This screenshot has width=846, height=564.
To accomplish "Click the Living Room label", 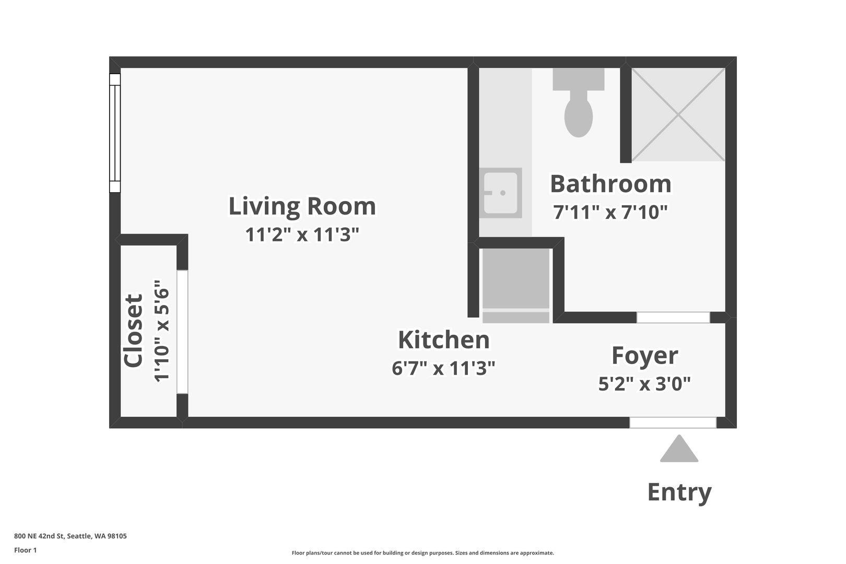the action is [302, 206].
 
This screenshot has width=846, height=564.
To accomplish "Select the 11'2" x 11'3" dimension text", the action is [302, 234].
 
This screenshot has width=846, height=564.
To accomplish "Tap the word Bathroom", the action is [610, 184].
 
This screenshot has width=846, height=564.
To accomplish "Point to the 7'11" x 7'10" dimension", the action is [610, 212].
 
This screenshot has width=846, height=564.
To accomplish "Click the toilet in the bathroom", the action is [579, 102].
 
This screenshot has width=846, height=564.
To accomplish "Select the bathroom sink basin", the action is [500, 193].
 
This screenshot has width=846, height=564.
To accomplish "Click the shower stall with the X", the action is [678, 114].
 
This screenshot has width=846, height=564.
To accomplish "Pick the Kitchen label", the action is [444, 339].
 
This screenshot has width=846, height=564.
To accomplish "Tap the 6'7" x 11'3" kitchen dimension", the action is [443, 368].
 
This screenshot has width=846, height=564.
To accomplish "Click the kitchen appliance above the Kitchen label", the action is [516, 286].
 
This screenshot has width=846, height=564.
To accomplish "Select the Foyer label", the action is [645, 356].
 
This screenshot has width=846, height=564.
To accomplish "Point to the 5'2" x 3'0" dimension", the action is [645, 384].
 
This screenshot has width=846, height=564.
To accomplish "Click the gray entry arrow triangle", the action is [679, 449].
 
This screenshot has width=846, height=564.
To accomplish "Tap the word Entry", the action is [679, 492].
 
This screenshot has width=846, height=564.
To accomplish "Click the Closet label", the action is [133, 331].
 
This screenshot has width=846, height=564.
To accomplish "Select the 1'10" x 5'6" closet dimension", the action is [162, 331].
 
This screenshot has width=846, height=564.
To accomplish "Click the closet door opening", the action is [182, 332].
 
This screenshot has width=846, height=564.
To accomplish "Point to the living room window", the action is [115, 133].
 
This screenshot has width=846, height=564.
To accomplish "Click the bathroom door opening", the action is [673, 318].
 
